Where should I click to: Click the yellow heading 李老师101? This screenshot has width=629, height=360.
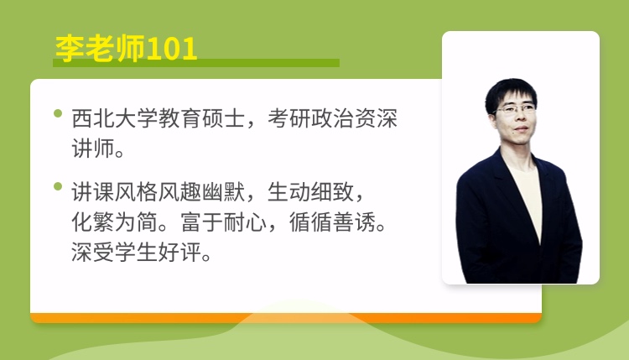coord(126,49)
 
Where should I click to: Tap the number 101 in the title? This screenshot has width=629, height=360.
coord(172,49)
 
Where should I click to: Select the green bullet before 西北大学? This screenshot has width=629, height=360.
coord(58,113)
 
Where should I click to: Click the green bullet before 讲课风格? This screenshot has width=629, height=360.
coord(58,186)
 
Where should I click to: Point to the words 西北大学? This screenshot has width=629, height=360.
coord(114,119)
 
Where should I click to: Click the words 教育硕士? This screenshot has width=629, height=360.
coord(201,119)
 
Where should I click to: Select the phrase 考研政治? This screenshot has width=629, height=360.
coord(310,119)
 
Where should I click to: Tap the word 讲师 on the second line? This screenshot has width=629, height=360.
coord(93,149)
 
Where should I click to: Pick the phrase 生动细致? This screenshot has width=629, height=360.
coord(310,192)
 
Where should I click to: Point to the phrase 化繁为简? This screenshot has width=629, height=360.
coord(114,222)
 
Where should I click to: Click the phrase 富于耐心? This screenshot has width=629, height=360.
coord(223,222)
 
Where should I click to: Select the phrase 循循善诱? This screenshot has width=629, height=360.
coord(332,222)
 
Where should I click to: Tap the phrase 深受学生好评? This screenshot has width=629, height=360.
coord(137,252)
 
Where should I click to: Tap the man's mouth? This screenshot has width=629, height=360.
coord(521,129)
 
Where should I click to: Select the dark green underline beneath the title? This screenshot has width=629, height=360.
coord(196,63)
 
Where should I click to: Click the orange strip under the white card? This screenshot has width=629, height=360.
coord(286,318)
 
